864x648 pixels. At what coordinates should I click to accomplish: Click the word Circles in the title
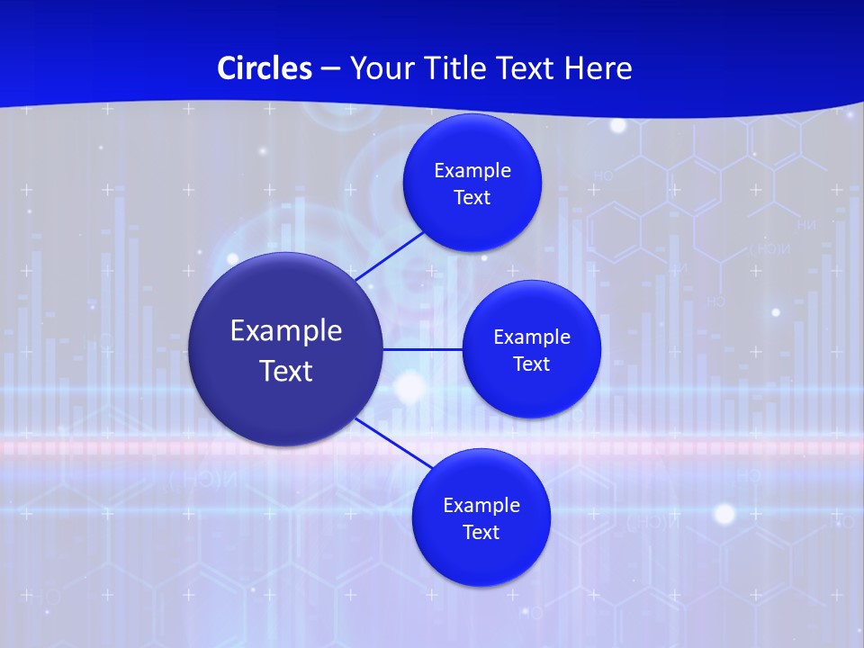coord(265,68)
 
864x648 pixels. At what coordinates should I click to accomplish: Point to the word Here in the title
coord(598,68)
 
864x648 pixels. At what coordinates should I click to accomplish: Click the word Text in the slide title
coord(526,68)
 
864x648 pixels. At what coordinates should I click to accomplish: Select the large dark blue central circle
coord(286,349)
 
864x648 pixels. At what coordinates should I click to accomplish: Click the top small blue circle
coord(472,183)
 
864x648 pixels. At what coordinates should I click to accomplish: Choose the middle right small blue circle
coord(531,349)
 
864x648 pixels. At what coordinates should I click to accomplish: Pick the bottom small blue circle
coord(481,517)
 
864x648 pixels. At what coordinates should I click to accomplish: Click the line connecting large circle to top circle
coord(390,255)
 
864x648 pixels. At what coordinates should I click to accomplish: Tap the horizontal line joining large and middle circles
coord(423,349)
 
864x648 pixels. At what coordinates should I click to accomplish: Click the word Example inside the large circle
coord(286,330)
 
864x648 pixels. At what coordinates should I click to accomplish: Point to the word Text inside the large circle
coord(286,371)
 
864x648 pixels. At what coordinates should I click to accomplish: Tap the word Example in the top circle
coord(472,170)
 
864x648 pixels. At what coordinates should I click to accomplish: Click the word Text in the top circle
coord(472,197)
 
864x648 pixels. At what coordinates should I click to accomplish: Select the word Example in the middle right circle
coord(532,337)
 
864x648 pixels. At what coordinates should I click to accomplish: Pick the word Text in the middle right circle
coord(531,364)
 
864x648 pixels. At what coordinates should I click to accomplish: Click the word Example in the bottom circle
coord(481,505)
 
